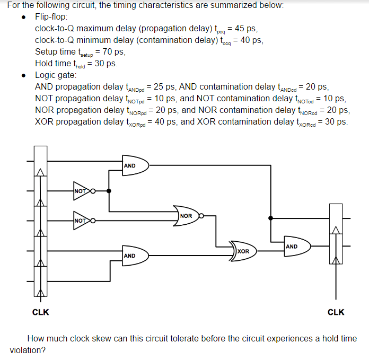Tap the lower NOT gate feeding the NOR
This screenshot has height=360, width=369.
(82, 219)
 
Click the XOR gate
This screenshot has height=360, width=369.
(242, 250)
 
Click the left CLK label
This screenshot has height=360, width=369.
(41, 312)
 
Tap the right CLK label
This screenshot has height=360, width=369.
(336, 312)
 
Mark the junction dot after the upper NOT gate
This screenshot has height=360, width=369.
(109, 191)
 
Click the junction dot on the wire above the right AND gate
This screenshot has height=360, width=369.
(271, 217)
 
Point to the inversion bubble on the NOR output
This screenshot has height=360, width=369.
(201, 216)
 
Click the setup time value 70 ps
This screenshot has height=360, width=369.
(112, 52)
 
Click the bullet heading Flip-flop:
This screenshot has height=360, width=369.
(51, 17)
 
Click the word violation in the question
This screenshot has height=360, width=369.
(28, 350)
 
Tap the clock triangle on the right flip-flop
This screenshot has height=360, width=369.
(335, 230)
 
